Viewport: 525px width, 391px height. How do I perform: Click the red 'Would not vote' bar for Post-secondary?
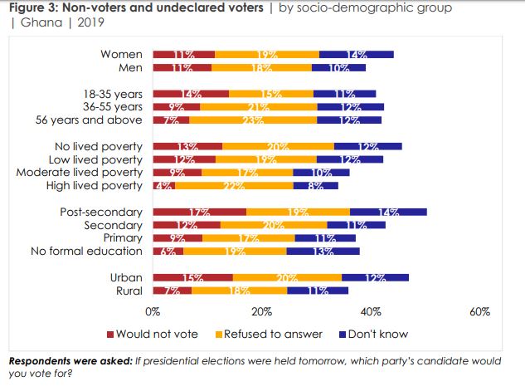click(199, 212)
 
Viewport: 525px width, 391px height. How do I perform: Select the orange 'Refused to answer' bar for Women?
click(266, 55)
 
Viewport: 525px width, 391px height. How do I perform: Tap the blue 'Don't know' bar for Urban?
click(375, 277)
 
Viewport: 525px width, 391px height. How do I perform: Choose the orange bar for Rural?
click(239, 291)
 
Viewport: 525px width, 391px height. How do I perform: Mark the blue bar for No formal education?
click(323, 252)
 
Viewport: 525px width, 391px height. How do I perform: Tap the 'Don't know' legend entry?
click(373, 335)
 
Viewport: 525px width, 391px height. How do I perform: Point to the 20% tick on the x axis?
click(262, 313)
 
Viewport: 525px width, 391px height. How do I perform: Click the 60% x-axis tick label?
click(480, 313)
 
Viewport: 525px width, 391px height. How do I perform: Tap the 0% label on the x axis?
click(153, 313)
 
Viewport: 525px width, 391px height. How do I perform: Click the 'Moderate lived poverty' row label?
click(80, 173)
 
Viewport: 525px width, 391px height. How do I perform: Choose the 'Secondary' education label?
click(114, 225)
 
